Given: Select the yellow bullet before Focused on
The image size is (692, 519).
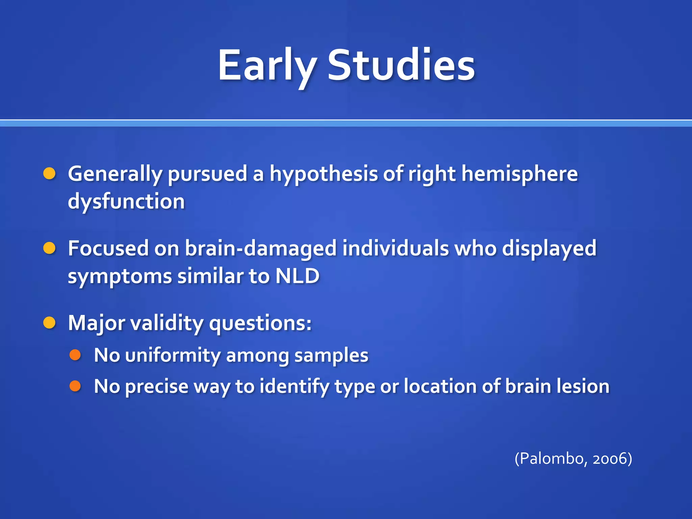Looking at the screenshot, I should coord(49,248).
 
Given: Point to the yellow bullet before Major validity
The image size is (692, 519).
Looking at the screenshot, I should coord(49,323).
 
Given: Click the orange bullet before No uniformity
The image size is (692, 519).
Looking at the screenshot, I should coord(75,355).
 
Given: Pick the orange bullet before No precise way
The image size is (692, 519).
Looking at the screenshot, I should coord(75,386).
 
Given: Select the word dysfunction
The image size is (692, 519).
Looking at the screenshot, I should coord(126,202).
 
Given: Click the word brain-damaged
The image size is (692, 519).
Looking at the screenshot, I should coord(261,249).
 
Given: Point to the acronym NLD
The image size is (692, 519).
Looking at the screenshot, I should coord(297,276).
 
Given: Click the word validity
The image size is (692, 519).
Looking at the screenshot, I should coord(167,323).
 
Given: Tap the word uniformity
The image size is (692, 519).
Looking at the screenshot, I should coord(172,356).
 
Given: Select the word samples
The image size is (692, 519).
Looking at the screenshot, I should coord(331,356).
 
